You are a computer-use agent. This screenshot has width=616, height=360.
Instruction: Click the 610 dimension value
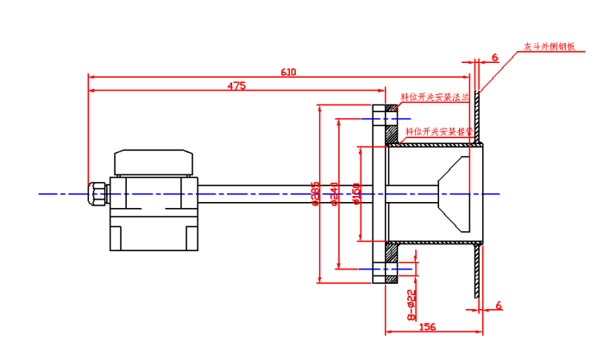(x=287, y=73)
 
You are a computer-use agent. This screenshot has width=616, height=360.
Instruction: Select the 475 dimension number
(x=236, y=85)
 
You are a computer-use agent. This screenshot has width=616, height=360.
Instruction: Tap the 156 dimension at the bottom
(x=425, y=327)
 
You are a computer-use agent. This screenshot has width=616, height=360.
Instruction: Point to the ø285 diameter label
(x=316, y=194)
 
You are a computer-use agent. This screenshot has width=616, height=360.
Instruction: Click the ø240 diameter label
(x=335, y=195)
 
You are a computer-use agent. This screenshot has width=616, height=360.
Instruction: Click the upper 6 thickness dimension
(x=494, y=58)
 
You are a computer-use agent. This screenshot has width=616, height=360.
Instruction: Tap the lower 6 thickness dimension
(x=499, y=305)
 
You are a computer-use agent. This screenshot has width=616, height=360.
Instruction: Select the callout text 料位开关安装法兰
(x=435, y=98)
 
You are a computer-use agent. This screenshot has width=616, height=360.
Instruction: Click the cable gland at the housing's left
(x=96, y=193)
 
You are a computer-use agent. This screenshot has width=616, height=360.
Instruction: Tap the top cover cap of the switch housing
(x=154, y=161)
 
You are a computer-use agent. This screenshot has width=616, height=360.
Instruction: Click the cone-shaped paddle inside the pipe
(x=454, y=195)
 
